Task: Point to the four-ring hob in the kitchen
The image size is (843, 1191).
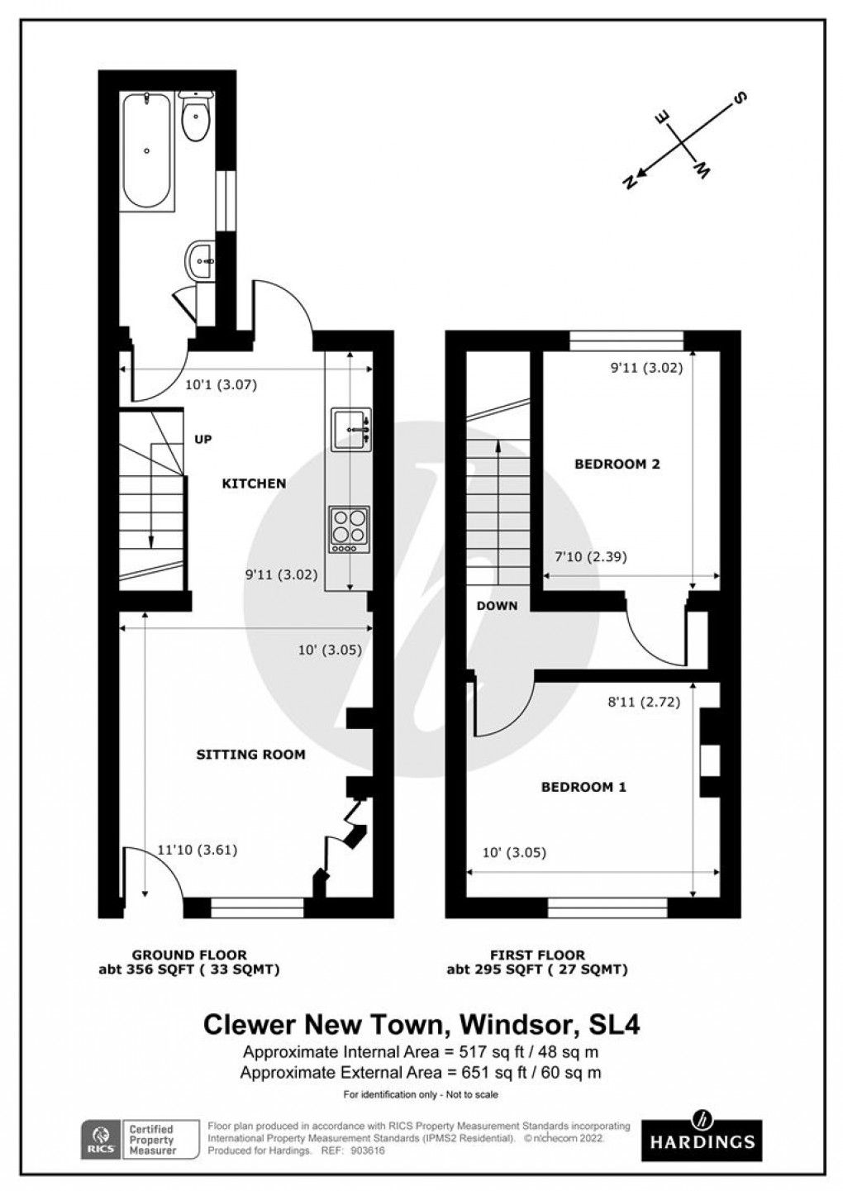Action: click(349, 529)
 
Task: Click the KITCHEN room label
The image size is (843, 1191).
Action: click(254, 484)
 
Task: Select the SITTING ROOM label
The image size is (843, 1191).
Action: click(250, 754)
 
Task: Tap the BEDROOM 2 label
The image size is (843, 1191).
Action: click(617, 464)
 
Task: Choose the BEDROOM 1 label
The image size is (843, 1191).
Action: click(583, 787)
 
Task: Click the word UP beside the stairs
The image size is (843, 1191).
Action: click(203, 439)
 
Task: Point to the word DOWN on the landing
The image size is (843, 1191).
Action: click(498, 605)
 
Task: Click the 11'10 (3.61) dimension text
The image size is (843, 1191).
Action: click(197, 850)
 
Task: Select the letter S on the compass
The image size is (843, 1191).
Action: click(740, 99)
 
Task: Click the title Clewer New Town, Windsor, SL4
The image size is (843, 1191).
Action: click(421, 1025)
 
